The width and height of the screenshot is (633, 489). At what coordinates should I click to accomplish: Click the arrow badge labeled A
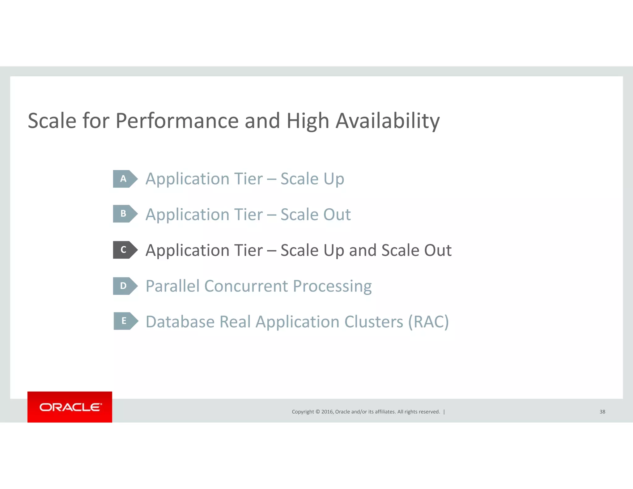pyautogui.click(x=125, y=179)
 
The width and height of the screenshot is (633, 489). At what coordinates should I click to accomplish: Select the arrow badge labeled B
pyautogui.click(x=125, y=214)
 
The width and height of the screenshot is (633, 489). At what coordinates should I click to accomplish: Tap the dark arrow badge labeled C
pyautogui.click(x=125, y=250)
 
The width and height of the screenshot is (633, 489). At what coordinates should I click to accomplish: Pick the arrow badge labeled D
pyautogui.click(x=125, y=286)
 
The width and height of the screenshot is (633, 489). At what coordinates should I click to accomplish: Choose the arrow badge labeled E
pyautogui.click(x=125, y=321)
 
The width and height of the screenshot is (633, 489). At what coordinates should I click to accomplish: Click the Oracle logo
pyautogui.click(x=70, y=407)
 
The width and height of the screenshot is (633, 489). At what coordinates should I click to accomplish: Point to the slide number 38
pyautogui.click(x=602, y=412)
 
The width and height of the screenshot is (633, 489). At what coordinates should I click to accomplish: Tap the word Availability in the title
pyautogui.click(x=388, y=121)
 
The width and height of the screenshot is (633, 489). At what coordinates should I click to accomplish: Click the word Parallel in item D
pyautogui.click(x=173, y=286)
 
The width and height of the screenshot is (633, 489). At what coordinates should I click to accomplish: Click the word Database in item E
pyautogui.click(x=180, y=322)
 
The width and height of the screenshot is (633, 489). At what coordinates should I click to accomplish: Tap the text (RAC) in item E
pyautogui.click(x=428, y=322)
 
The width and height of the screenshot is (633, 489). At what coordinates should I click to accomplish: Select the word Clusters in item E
pyautogui.click(x=374, y=322)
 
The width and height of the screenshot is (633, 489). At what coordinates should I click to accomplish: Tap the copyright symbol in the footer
pyautogui.click(x=317, y=412)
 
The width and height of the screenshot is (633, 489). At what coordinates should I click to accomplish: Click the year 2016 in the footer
pyautogui.click(x=327, y=412)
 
